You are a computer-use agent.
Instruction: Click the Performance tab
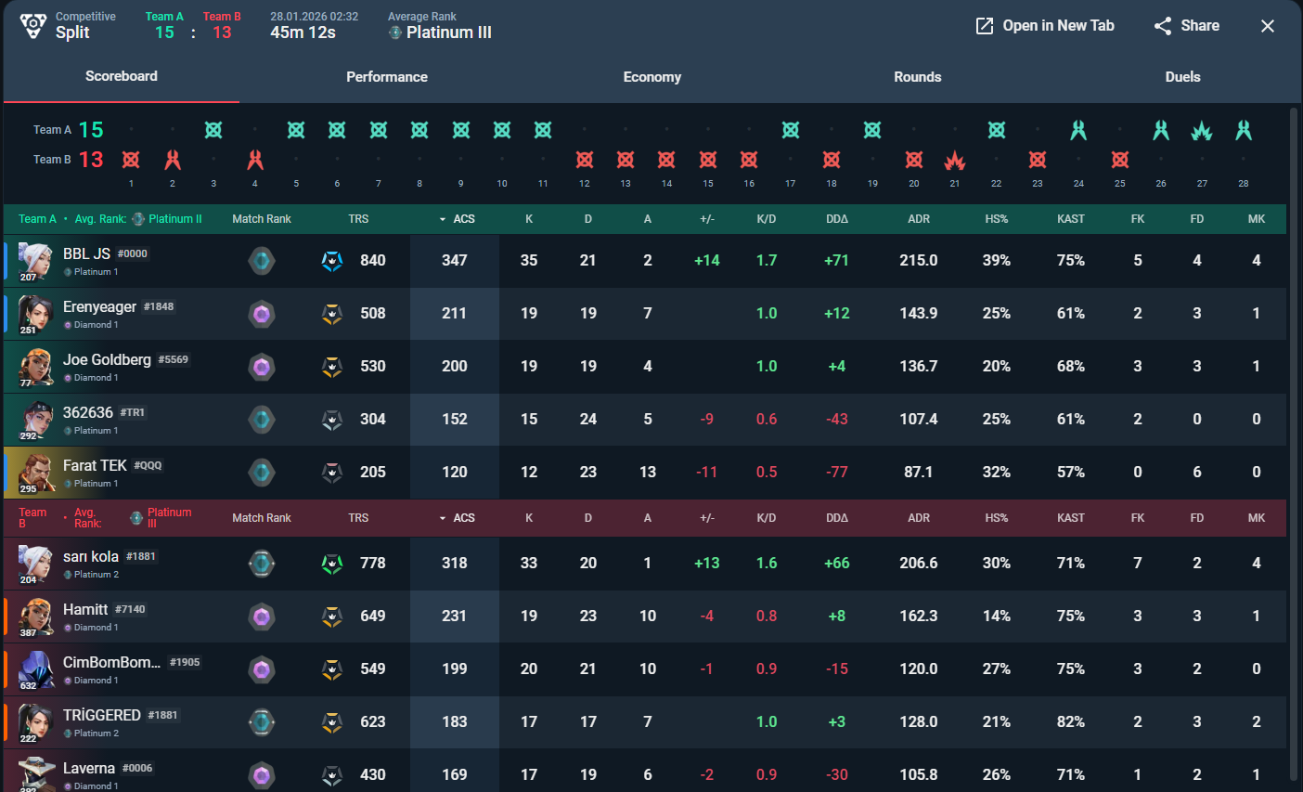click(387, 77)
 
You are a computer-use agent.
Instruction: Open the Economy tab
click(652, 77)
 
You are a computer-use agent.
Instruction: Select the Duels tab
click(1182, 77)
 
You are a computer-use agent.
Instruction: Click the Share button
click(1187, 26)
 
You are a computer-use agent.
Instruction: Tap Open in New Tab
click(1045, 26)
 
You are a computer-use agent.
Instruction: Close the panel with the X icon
click(1268, 26)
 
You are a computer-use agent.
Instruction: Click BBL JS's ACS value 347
click(455, 260)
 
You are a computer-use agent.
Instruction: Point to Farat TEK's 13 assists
click(648, 472)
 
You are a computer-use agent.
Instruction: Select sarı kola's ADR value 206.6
click(919, 563)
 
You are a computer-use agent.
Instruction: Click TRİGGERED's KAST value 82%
click(1071, 721)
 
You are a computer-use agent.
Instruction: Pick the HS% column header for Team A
click(997, 219)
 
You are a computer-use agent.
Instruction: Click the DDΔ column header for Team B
click(837, 518)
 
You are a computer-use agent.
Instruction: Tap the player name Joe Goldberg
click(107, 359)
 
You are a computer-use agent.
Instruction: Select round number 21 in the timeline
click(955, 183)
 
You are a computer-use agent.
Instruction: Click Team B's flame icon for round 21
click(955, 160)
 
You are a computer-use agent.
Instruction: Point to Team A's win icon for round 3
click(213, 130)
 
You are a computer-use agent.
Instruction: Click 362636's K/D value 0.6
click(766, 419)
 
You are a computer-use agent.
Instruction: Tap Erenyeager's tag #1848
click(159, 306)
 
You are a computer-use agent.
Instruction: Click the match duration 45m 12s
click(303, 32)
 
